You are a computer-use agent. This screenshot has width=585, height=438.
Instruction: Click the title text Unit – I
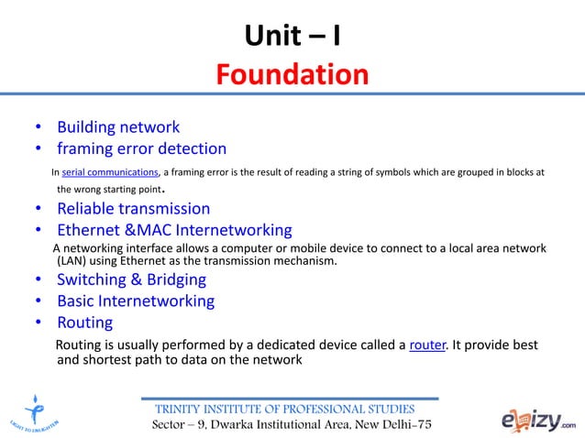click(292, 36)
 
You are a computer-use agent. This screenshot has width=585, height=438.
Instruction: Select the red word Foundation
click(292, 72)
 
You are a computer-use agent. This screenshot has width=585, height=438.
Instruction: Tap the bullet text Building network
click(118, 127)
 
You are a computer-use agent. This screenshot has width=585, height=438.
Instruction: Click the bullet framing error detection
click(141, 148)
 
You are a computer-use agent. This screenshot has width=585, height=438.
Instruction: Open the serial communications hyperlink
click(110, 171)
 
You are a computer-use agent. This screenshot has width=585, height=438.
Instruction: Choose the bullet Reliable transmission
click(133, 209)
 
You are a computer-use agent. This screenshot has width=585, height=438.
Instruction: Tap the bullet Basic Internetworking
click(136, 301)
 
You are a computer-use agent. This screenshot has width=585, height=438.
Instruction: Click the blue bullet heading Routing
click(84, 323)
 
